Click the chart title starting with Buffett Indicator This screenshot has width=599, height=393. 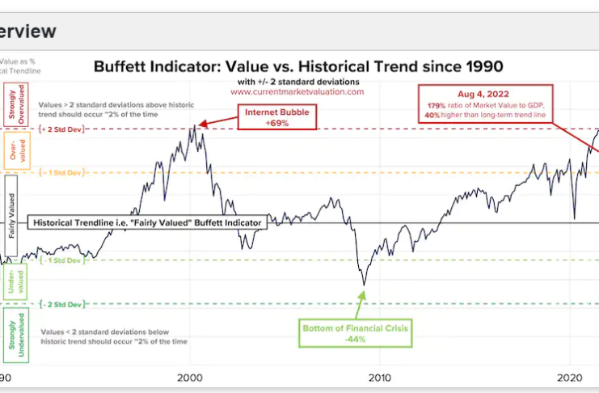(x=298, y=65)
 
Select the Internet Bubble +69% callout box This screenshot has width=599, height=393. (x=276, y=118)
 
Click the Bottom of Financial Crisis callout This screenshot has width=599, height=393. (x=356, y=333)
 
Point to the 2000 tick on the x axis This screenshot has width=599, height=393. (x=189, y=378)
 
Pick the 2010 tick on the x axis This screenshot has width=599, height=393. (x=380, y=378)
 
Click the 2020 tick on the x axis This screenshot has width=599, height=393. (x=572, y=378)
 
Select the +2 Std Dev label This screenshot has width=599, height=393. (x=61, y=130)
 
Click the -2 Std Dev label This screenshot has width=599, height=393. (x=61, y=304)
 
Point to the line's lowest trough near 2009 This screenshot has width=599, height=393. (x=365, y=285)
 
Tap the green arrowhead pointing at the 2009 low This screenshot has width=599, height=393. (x=363, y=293)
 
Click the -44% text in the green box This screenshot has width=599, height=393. (x=356, y=339)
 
